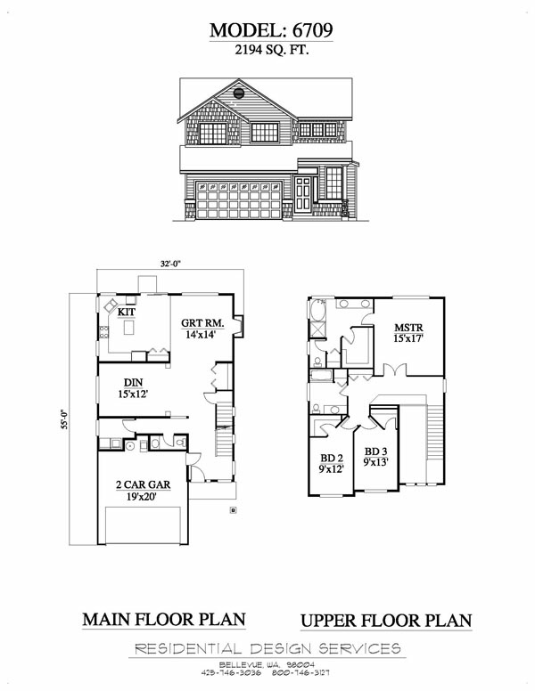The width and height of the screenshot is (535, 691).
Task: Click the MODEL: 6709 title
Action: (271, 30)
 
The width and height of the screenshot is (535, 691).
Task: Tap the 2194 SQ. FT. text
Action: (271, 50)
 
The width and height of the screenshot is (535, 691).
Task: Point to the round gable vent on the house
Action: (239, 93)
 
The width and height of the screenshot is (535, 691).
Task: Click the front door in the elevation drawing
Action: (303, 194)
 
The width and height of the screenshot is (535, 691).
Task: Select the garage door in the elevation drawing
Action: (239, 200)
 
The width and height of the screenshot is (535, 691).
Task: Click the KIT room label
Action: (127, 312)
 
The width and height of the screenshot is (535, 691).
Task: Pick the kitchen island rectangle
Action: (128, 328)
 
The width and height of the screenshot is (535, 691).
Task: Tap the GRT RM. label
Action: (202, 323)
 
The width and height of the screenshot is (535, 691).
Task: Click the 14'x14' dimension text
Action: (201, 335)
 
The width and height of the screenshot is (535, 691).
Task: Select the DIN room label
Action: (133, 383)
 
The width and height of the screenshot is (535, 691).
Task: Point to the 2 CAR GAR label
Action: (143, 484)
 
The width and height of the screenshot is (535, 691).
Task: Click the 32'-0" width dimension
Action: (171, 264)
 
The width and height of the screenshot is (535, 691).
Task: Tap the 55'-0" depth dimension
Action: (64, 419)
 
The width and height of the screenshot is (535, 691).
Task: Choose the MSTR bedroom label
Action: (408, 328)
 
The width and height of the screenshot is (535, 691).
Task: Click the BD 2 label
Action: (331, 459)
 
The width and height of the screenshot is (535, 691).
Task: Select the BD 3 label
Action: (375, 451)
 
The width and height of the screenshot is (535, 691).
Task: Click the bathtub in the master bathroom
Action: (317, 310)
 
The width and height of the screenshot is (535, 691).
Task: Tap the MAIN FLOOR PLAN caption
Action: (164, 620)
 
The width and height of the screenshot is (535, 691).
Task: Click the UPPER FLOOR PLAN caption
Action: (386, 621)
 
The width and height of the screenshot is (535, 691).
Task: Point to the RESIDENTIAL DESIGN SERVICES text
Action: (267, 648)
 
